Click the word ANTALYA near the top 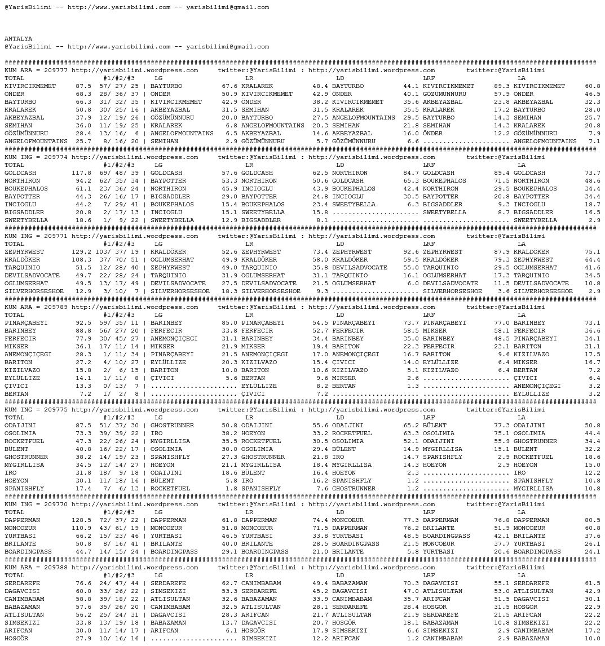[x=18, y=39]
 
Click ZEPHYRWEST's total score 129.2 [x=81, y=252]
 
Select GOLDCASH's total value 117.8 [x=81, y=173]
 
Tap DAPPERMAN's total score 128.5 [x=81, y=520]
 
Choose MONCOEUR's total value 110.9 [x=81, y=528]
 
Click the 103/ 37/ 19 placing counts [x=117, y=252]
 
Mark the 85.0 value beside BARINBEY [x=229, y=323]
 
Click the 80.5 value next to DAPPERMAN [x=593, y=520]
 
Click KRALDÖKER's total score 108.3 [x=81, y=260]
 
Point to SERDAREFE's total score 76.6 [x=83, y=583]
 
